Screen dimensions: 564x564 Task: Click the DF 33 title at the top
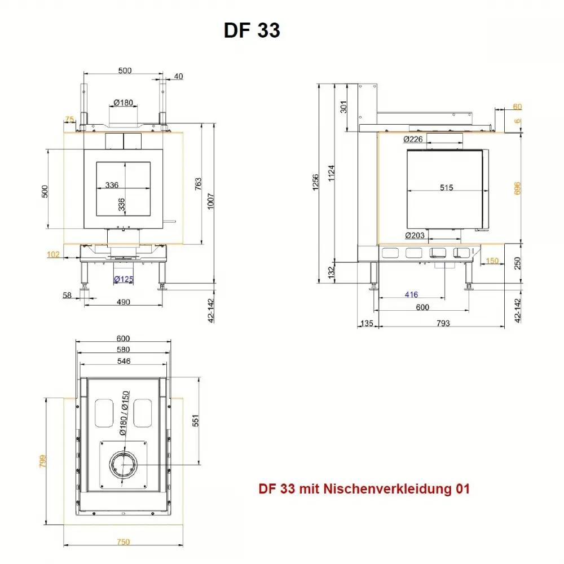252,30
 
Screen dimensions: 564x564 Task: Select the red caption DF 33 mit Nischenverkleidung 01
364,488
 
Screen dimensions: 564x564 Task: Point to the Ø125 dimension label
123,279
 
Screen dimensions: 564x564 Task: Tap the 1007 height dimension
210,202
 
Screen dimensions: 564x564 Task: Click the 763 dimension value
198,184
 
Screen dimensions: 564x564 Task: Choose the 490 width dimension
123,302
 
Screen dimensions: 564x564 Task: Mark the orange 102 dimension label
53,254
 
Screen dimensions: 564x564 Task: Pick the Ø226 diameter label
414,139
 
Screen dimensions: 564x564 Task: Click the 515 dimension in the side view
446,188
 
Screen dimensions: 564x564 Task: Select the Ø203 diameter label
415,236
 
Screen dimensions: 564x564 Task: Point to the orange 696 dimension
518,188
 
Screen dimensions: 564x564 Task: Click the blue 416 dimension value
411,294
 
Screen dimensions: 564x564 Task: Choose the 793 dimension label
443,323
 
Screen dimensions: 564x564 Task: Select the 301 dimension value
344,107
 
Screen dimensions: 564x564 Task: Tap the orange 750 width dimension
123,542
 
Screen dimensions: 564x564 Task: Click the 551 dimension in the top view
196,421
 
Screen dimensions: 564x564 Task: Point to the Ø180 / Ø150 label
125,414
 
